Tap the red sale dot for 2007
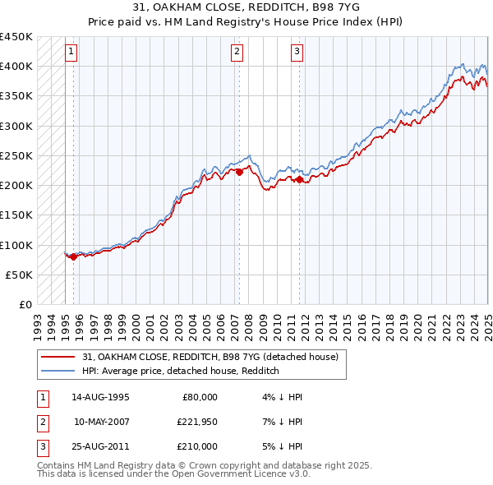[x=239, y=172]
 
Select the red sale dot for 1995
[x=73, y=256]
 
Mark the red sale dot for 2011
[x=299, y=179]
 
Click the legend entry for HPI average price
[x=181, y=371]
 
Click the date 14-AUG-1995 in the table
[x=100, y=397]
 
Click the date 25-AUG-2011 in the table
[x=100, y=446]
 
